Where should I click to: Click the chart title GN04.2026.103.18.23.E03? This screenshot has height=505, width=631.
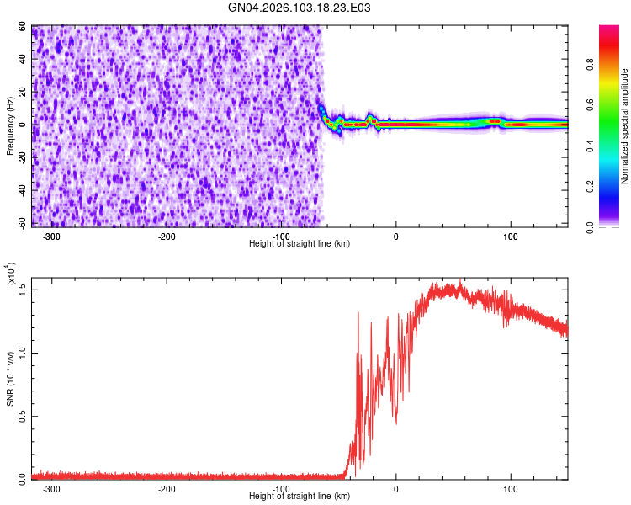point(300,8)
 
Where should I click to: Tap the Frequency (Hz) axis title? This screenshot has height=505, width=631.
point(10,126)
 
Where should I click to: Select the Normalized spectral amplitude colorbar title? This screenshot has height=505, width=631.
point(625,126)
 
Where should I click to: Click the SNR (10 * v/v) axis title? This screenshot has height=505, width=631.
point(10,379)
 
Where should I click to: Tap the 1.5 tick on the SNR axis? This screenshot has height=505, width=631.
point(22,289)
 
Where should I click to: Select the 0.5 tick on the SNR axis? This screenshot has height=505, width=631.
point(22,415)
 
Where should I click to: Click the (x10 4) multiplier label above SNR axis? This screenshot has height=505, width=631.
point(13,275)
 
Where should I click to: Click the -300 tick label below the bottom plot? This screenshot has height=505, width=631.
point(51,489)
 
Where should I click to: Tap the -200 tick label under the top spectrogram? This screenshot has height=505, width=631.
point(167,237)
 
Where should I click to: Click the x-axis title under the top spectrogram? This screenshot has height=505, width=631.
point(300,243)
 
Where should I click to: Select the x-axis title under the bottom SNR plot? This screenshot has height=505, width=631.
point(300,497)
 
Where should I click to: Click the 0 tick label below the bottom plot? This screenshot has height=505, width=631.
point(396,489)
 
